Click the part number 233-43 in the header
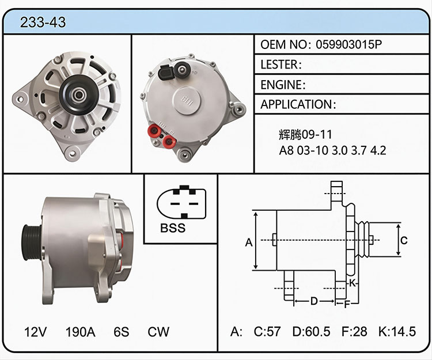tap(43, 22)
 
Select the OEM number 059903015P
tap(349, 44)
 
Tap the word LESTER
tap(279, 65)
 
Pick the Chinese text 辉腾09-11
tap(305, 134)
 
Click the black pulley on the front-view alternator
tap(78, 95)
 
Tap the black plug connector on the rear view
tap(165, 72)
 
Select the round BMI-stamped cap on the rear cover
tap(187, 100)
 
